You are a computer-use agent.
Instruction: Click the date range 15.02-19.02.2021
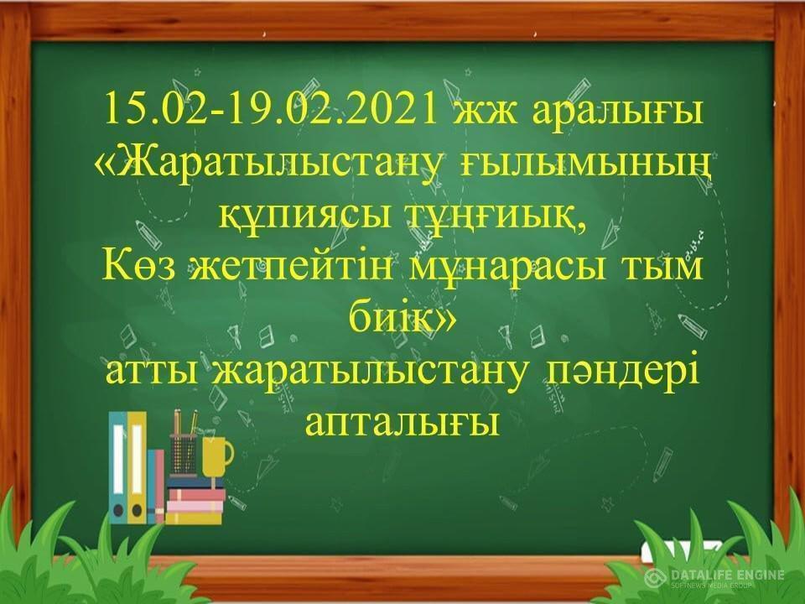pyautogui.click(x=271, y=110)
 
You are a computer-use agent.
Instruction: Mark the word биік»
pyautogui.click(x=402, y=317)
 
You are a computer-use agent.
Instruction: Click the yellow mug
pyautogui.click(x=216, y=456)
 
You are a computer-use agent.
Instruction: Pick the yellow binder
pyautogui.click(x=137, y=467)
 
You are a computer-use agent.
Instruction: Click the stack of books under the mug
pyautogui.click(x=195, y=500)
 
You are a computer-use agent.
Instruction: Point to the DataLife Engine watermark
pyautogui.click(x=715, y=577)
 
